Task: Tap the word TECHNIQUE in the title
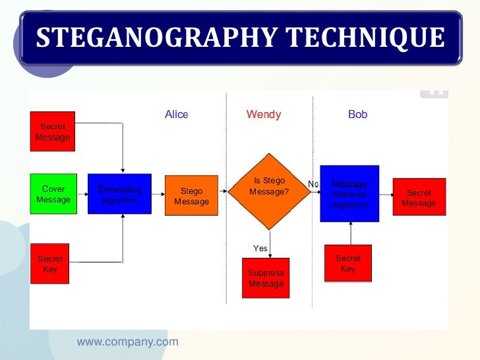point(371,38)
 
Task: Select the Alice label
point(177,115)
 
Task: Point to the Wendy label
point(264,115)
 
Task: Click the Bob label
point(357,115)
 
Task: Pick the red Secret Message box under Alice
point(53,131)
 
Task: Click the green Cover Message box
point(53,194)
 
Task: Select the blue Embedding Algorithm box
point(119,194)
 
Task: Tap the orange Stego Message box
point(191,196)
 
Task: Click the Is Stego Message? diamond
point(269,191)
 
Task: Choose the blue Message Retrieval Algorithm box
point(349,193)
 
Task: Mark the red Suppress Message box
point(266,278)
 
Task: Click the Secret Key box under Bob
point(348,263)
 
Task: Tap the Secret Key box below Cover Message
point(50,264)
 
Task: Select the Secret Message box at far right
point(419,197)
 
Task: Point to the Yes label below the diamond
point(260,249)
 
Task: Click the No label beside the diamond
point(313,184)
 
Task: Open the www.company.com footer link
point(127,342)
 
